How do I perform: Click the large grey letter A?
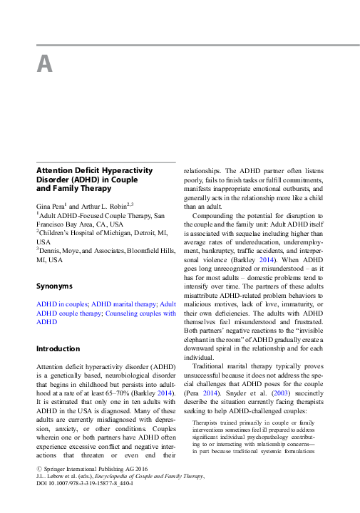[x=45, y=64]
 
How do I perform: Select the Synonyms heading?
[x=54, y=286]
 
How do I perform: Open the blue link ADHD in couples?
[x=62, y=304]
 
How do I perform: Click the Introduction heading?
[x=59, y=348]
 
